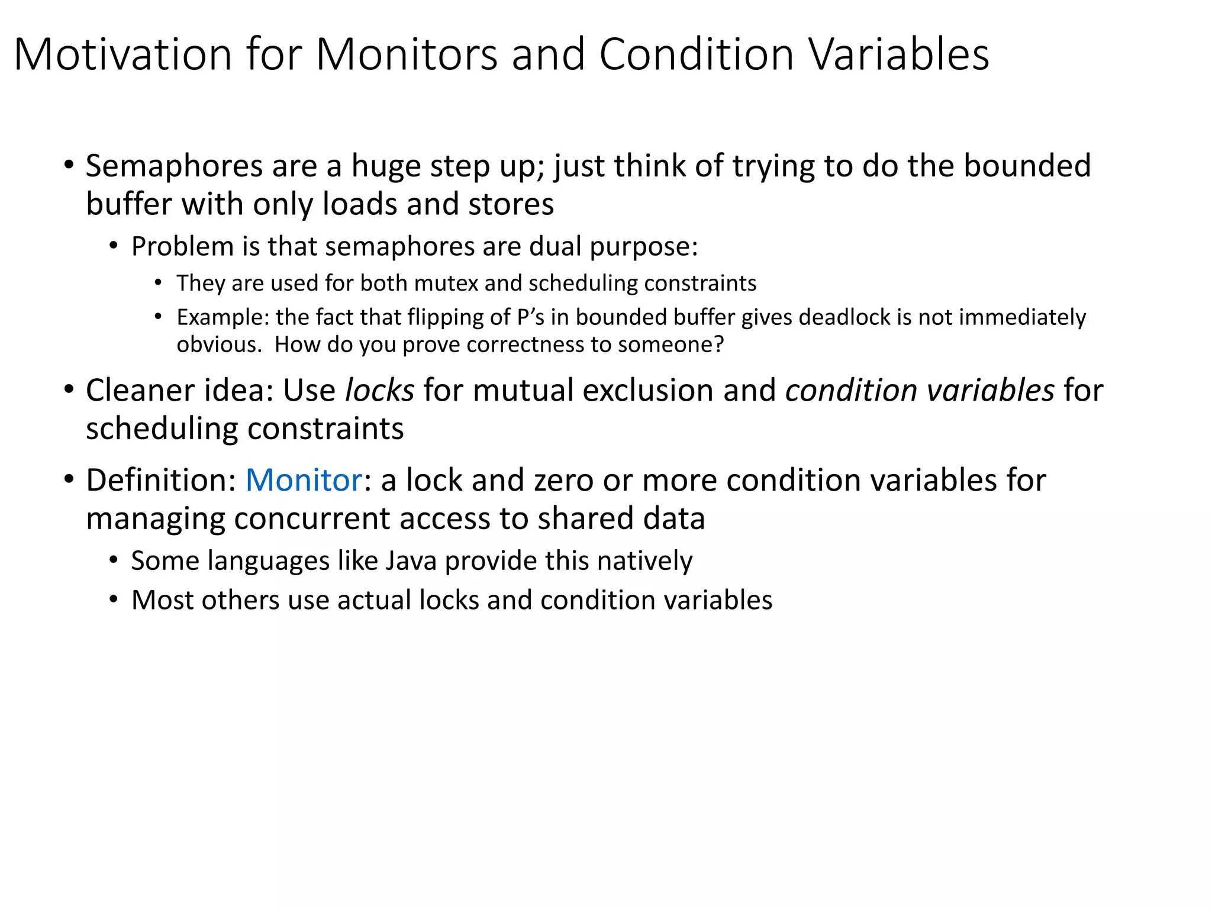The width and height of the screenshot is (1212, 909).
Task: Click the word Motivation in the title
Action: [123, 54]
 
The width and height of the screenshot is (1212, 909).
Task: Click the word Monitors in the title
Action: [407, 54]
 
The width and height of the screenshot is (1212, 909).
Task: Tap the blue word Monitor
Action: [304, 480]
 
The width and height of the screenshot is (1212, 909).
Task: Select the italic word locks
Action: [379, 391]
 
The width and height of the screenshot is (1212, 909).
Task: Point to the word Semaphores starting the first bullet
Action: [174, 166]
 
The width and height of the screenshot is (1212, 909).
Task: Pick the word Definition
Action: [160, 480]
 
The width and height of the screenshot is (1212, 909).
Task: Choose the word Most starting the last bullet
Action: [162, 600]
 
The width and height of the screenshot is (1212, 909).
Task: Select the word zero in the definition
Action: [563, 480]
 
